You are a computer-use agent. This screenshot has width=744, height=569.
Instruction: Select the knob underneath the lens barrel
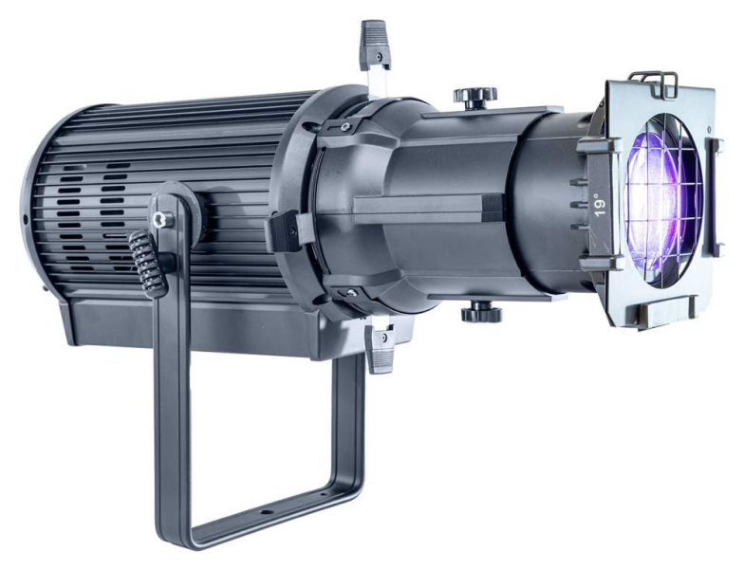(x=480, y=313)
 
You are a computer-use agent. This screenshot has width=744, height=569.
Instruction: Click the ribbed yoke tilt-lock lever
(x=148, y=264)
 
